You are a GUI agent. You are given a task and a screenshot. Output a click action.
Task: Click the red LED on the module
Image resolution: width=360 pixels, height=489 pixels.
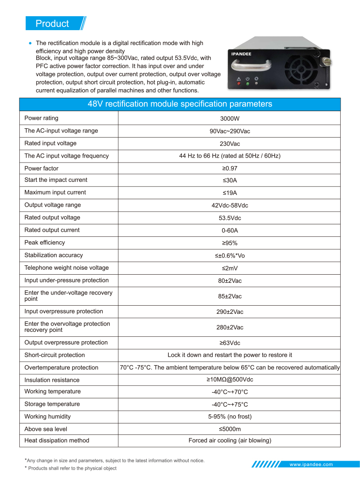tap(239, 84)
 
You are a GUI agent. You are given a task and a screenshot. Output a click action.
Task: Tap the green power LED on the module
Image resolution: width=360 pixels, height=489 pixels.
tap(247, 84)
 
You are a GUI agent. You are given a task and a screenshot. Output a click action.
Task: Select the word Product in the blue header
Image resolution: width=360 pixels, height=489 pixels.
tap(52, 24)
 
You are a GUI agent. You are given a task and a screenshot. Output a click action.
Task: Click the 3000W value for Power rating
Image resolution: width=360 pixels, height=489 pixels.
tap(229, 118)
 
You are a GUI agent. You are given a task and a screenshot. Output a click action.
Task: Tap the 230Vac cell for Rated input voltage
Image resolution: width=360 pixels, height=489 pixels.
tap(229, 144)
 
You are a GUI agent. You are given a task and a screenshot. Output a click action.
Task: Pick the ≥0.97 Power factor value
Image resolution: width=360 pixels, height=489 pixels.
tap(229, 168)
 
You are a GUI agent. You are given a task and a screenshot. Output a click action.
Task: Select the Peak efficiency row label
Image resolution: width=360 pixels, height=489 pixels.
tap(45, 243)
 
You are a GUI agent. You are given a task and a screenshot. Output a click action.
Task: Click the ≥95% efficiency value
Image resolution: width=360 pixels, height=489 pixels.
tap(229, 243)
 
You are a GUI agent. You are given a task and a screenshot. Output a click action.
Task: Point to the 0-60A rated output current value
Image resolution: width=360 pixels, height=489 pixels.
tap(229, 230)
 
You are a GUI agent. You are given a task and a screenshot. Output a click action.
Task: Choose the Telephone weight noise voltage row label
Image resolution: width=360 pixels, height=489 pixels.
tap(67, 268)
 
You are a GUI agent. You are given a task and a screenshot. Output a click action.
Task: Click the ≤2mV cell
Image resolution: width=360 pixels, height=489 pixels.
tap(229, 268)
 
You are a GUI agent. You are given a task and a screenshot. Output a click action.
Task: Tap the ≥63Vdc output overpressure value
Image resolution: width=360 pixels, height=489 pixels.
tap(229, 343)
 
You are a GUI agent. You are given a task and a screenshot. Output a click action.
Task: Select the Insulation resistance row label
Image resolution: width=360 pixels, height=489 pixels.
tap(52, 380)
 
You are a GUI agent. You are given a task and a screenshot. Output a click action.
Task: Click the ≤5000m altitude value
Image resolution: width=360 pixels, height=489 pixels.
tap(229, 429)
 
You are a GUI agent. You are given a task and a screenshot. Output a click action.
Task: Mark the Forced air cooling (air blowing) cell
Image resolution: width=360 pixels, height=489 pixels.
tap(229, 440)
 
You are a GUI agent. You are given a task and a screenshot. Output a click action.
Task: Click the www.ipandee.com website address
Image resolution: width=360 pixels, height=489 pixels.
tap(311, 464)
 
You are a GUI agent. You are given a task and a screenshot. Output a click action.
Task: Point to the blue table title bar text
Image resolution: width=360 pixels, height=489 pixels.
tap(180, 104)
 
